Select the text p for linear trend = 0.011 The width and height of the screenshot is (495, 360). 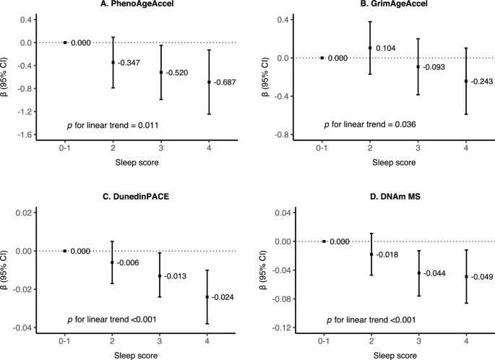point(113,125)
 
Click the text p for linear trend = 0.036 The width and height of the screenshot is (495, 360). point(371,125)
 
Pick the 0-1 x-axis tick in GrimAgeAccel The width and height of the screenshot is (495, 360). point(322,147)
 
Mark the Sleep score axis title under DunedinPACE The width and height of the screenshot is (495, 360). point(137,356)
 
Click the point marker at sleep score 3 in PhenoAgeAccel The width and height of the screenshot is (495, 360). point(160,72)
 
